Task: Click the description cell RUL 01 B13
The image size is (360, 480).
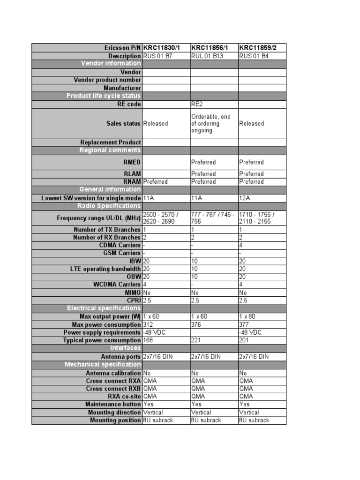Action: click(208, 56)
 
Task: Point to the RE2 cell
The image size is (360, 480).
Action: click(197, 104)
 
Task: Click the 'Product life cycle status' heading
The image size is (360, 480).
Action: click(104, 96)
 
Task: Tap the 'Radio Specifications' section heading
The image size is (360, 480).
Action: click(109, 206)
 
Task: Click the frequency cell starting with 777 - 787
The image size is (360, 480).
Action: click(213, 218)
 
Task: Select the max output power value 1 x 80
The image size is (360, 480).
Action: click(248, 316)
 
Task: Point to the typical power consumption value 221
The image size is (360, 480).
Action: click(197, 340)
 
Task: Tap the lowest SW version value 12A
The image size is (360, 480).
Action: click(245, 198)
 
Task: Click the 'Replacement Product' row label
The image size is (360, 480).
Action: click(111, 142)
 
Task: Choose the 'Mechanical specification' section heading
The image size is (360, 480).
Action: click(103, 364)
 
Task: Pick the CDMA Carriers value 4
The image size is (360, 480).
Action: click(241, 245)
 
